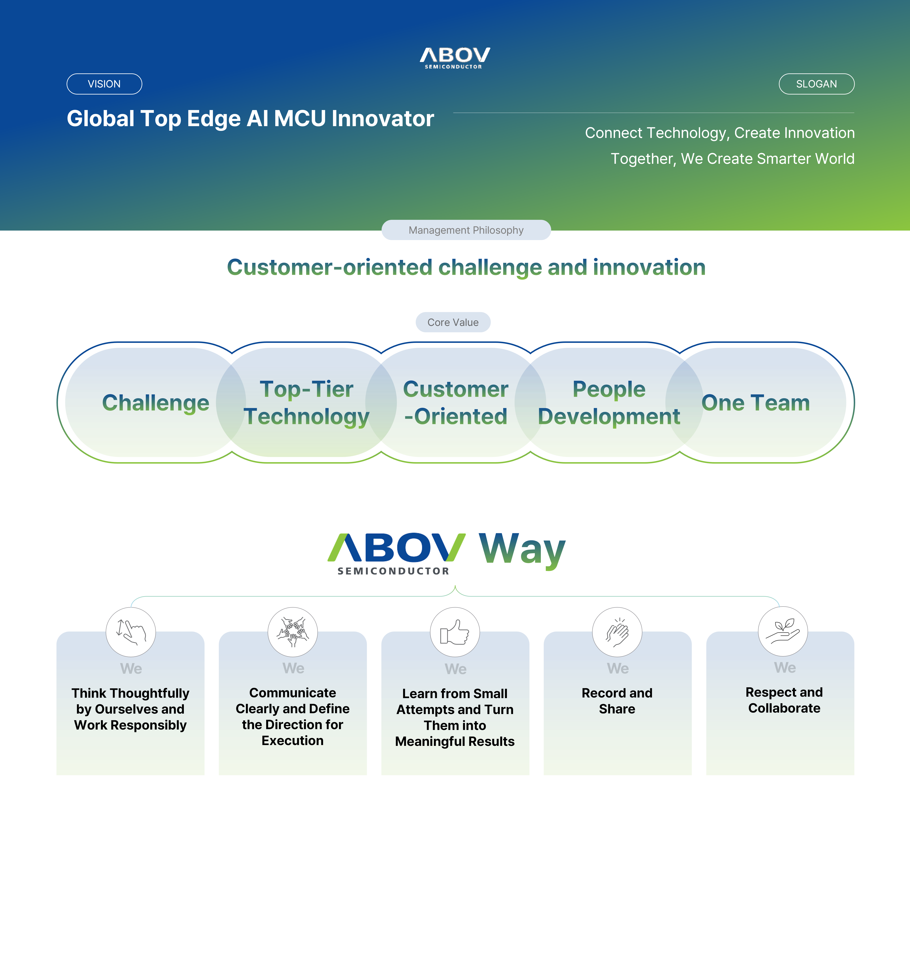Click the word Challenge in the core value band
(156, 403)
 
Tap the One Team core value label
(756, 403)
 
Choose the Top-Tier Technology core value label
(307, 403)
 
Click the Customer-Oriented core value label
(455, 403)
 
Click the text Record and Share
(617, 701)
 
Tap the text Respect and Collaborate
(784, 700)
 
